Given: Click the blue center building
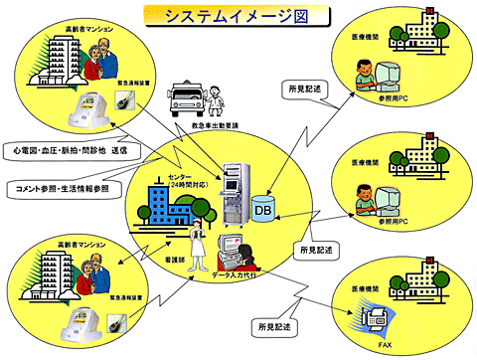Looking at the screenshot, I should click(163, 211).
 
